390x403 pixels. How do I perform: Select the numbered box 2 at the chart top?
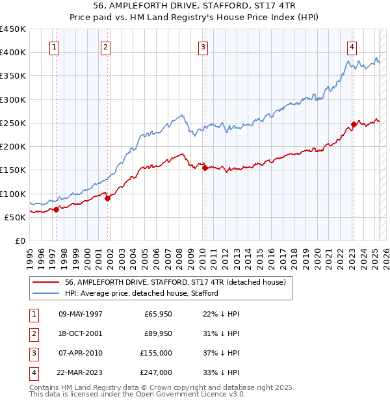pyautogui.click(x=105, y=47)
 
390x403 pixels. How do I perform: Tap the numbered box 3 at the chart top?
pyautogui.click(x=203, y=47)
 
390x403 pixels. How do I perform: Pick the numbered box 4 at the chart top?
pyautogui.click(x=351, y=47)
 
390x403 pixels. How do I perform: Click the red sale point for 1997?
pyautogui.click(x=57, y=209)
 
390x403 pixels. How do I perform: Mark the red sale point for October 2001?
pyautogui.click(x=108, y=198)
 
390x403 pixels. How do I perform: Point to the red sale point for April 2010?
pyautogui.click(x=205, y=168)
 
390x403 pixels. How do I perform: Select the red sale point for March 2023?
pyautogui.click(x=354, y=124)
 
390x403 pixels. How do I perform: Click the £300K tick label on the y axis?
pyautogui.click(x=13, y=99)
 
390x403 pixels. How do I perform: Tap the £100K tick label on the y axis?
pyautogui.click(x=13, y=194)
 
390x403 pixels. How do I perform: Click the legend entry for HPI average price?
pyautogui.click(x=141, y=293)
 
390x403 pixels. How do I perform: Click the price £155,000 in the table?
pyautogui.click(x=156, y=353)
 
